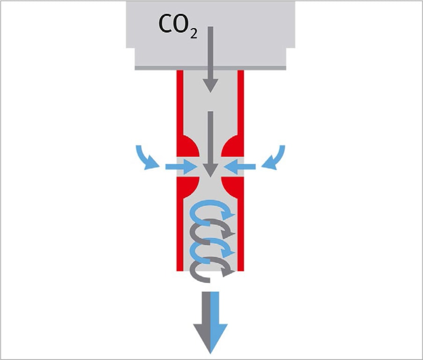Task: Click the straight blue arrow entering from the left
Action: (x=181, y=166)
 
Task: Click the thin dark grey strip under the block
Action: (x=210, y=68)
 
